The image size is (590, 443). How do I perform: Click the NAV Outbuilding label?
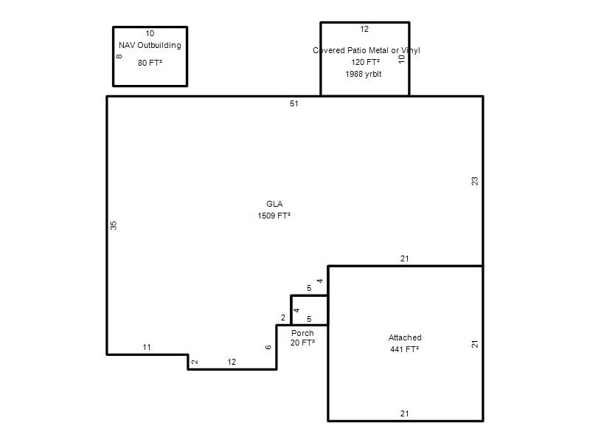coord(150,45)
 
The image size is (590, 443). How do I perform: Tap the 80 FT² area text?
coord(150,63)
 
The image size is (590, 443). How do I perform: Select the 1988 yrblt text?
coord(364,74)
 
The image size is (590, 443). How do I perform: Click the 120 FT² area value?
coord(365,62)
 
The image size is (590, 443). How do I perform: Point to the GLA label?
coord(274,204)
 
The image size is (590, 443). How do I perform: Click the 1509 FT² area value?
coord(274,216)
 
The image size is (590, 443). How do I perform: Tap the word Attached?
coord(405,337)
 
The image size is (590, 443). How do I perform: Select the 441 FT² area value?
coord(404,349)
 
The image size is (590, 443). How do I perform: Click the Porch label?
coord(302,333)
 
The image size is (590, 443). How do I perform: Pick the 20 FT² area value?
coord(302,343)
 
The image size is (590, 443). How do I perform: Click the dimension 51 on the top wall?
coord(294,103)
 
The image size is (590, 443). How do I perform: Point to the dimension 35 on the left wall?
coord(114,225)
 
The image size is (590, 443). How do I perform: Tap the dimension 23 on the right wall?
coord(475,181)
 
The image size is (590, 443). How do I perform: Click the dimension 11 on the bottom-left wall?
coord(147,347)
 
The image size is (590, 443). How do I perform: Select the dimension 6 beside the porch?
coord(268,347)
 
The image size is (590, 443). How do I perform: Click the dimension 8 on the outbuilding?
coord(119,57)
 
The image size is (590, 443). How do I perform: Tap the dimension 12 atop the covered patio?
coord(364,29)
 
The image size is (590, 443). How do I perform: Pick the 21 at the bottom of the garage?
coord(404,413)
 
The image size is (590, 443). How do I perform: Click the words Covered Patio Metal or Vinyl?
coord(366,50)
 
